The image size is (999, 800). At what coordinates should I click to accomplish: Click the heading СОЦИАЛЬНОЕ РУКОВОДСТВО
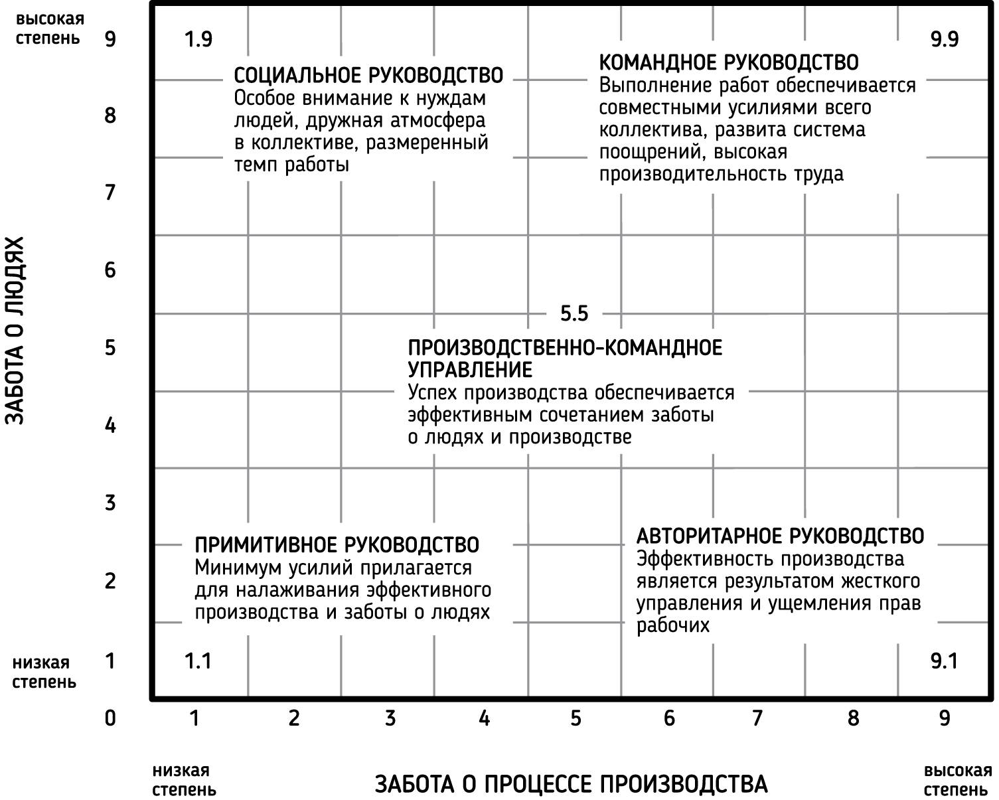point(368,75)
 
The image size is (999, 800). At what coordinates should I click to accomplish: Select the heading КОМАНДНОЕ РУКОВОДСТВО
point(728,62)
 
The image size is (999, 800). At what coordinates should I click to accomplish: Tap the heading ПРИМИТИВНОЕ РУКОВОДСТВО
point(337,545)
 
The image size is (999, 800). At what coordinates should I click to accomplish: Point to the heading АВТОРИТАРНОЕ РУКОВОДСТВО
point(780,536)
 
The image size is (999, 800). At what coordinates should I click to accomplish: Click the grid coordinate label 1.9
point(198,40)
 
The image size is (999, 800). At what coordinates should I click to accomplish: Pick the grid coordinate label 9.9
point(944,40)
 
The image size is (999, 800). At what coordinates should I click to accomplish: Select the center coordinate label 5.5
point(574,313)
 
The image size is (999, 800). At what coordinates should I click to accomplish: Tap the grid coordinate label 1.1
point(198,661)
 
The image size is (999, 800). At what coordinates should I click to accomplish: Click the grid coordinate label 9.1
point(943,661)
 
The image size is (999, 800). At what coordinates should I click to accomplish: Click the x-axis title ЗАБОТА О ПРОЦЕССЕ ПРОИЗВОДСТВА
point(572,784)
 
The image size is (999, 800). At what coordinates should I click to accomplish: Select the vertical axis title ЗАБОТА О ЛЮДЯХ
point(15,330)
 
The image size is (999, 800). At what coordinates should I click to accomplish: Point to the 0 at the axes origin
point(110,718)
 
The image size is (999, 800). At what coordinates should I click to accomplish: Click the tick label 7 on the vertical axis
point(110,193)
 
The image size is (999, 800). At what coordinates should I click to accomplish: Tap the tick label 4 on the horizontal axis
point(485,718)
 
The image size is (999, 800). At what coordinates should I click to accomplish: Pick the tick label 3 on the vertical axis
point(110,503)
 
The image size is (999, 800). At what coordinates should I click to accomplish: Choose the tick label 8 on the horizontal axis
point(853,718)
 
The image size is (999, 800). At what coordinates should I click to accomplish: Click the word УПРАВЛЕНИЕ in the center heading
point(470,370)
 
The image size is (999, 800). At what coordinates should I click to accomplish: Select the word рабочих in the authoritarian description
point(673,625)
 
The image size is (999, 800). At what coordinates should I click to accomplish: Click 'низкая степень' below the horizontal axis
point(184,780)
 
